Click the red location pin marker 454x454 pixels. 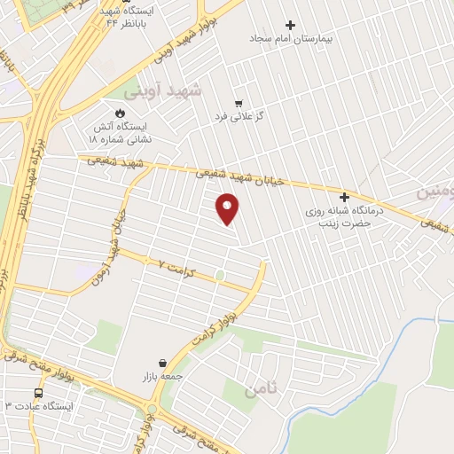(228, 207)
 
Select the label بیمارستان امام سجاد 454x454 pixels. (281, 39)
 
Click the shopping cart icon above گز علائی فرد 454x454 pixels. (239, 102)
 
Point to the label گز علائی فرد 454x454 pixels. (236, 116)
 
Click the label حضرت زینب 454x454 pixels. (340, 224)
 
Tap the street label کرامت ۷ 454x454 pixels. (174, 264)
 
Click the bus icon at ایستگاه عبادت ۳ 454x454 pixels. (38, 392)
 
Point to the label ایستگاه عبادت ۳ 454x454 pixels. (42, 406)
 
